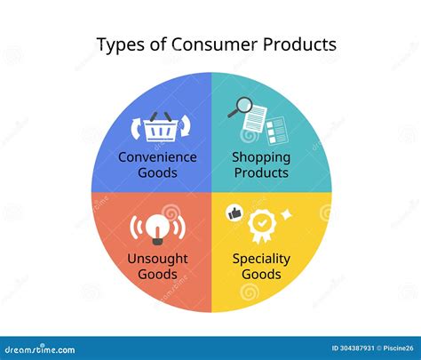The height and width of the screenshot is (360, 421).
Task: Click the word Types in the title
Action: click(x=121, y=45)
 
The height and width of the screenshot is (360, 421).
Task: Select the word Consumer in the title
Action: click(x=214, y=44)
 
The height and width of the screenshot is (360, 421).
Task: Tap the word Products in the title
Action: click(x=299, y=44)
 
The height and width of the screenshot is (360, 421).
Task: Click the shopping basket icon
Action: click(x=161, y=126)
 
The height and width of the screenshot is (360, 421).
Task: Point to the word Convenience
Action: click(x=157, y=157)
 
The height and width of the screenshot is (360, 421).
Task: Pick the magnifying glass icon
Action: click(x=241, y=107)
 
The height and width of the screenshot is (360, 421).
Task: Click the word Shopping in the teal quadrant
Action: click(x=261, y=158)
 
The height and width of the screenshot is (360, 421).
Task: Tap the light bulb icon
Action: click(x=157, y=228)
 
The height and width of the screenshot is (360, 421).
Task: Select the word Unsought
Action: click(x=157, y=259)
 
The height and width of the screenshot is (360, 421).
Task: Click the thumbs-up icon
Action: click(x=234, y=212)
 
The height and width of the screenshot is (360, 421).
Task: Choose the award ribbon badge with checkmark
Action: click(x=262, y=226)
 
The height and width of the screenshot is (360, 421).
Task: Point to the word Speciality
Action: click(x=261, y=260)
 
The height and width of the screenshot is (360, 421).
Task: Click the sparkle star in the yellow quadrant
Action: click(x=286, y=214)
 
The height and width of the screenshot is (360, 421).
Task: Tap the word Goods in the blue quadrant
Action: click(x=157, y=172)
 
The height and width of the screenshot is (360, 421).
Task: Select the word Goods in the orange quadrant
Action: click(x=157, y=274)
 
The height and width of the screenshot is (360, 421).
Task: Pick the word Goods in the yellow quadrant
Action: click(x=261, y=274)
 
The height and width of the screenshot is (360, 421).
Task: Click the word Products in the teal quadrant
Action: click(x=261, y=172)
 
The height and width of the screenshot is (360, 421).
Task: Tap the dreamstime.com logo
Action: click(x=40, y=349)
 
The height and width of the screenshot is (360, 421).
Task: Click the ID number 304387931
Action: click(x=353, y=348)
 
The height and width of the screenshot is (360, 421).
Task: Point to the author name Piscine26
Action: click(x=398, y=348)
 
